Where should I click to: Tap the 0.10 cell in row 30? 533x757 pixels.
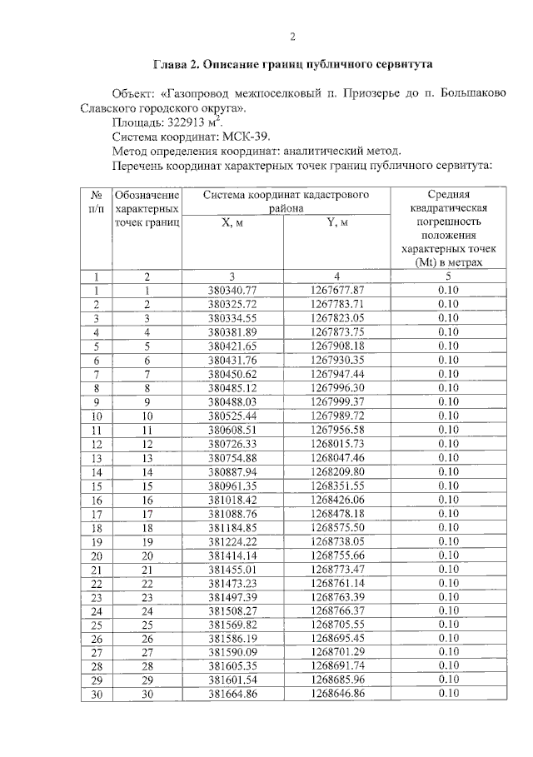(449, 693)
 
